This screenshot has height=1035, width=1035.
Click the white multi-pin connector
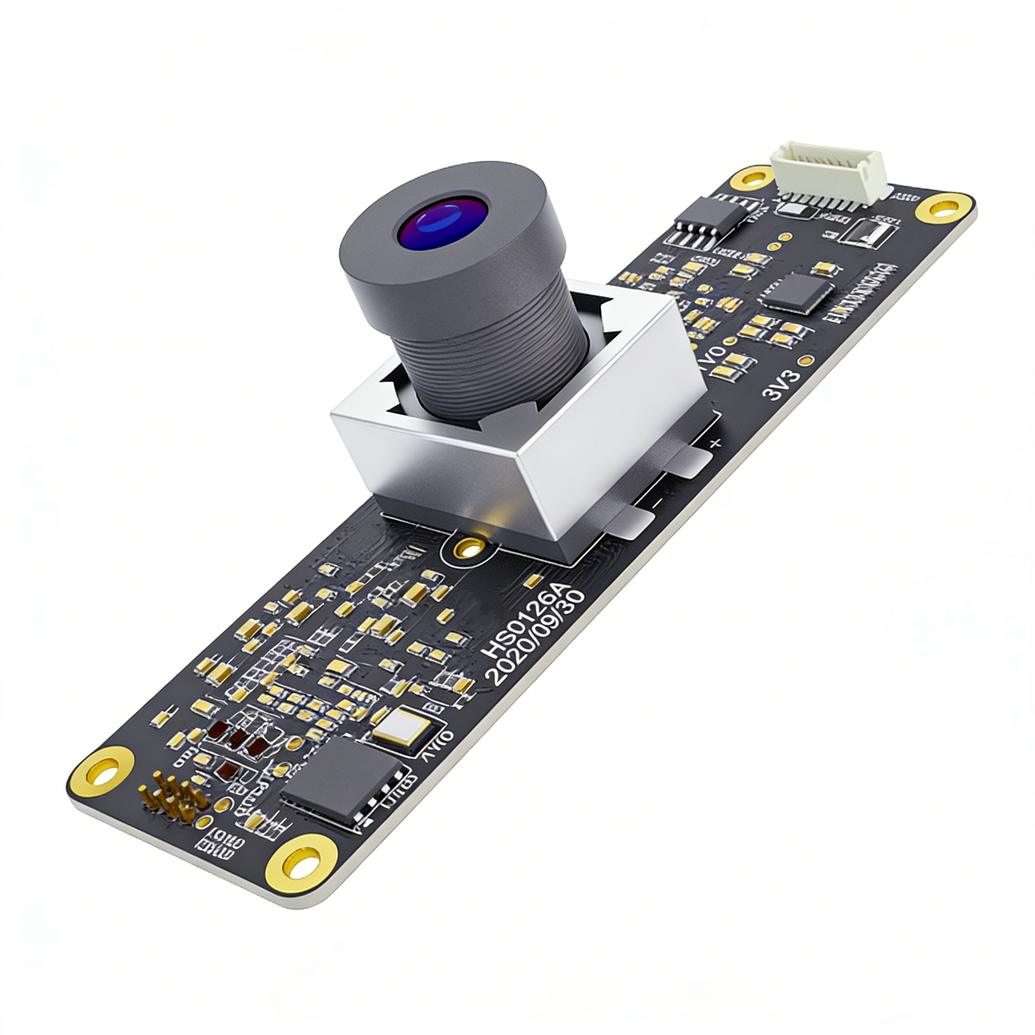coord(828,174)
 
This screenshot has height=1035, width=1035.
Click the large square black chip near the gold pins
coord(343,779)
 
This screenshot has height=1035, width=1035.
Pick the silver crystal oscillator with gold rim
coord(402,728)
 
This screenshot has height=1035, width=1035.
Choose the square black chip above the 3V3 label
coord(799,293)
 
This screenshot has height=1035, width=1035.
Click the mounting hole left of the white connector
coord(751,178)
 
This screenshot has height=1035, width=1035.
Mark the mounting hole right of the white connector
coord(944,208)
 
